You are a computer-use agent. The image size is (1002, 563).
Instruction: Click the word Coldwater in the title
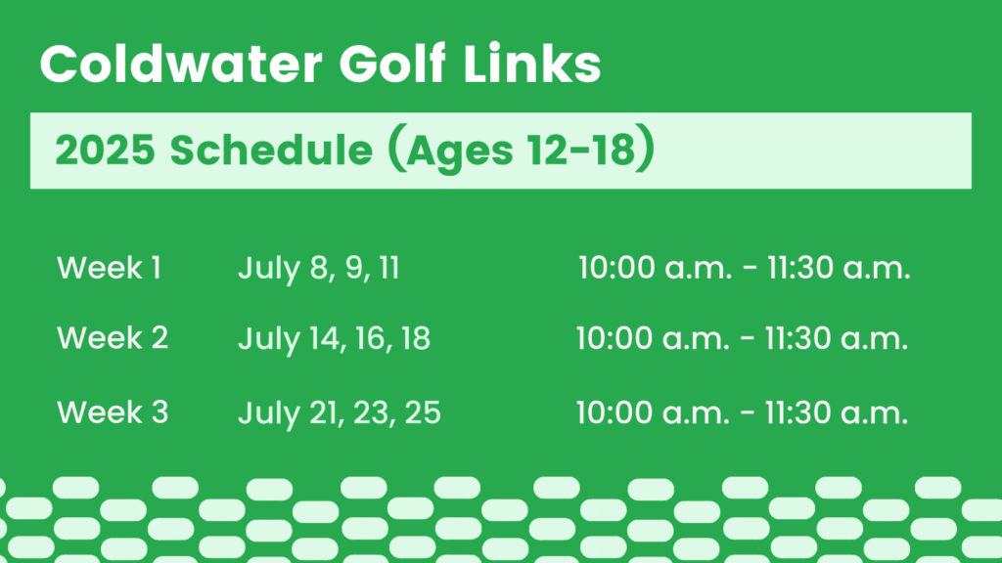(181, 64)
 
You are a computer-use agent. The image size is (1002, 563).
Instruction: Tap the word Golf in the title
(391, 64)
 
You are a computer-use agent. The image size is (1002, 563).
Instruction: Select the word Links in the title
(531, 64)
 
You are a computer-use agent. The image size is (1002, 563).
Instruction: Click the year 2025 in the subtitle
(106, 150)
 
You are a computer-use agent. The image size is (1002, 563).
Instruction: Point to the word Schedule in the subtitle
(271, 150)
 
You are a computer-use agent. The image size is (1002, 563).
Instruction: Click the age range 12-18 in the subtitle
(581, 150)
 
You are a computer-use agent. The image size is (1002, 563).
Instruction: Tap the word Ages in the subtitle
(460, 153)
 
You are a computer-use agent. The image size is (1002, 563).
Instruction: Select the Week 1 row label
(109, 268)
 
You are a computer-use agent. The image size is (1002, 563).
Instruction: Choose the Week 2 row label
(113, 337)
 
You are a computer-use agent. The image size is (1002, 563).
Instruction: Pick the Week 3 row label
(113, 412)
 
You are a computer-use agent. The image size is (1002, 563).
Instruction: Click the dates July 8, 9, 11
(319, 269)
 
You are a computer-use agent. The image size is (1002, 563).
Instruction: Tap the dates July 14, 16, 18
(335, 339)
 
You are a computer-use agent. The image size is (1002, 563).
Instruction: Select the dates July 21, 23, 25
(340, 413)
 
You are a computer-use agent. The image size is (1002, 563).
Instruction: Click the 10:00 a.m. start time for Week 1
(655, 268)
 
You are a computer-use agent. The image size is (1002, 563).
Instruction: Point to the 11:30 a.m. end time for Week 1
(839, 268)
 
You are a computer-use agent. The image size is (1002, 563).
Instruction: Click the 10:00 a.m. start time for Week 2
(653, 338)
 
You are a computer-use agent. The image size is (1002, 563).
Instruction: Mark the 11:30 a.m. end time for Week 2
(836, 338)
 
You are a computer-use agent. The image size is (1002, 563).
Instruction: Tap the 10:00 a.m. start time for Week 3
(653, 413)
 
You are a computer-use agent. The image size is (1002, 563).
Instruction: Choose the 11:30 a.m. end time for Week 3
(836, 413)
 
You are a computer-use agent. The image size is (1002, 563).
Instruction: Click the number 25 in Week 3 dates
(423, 412)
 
